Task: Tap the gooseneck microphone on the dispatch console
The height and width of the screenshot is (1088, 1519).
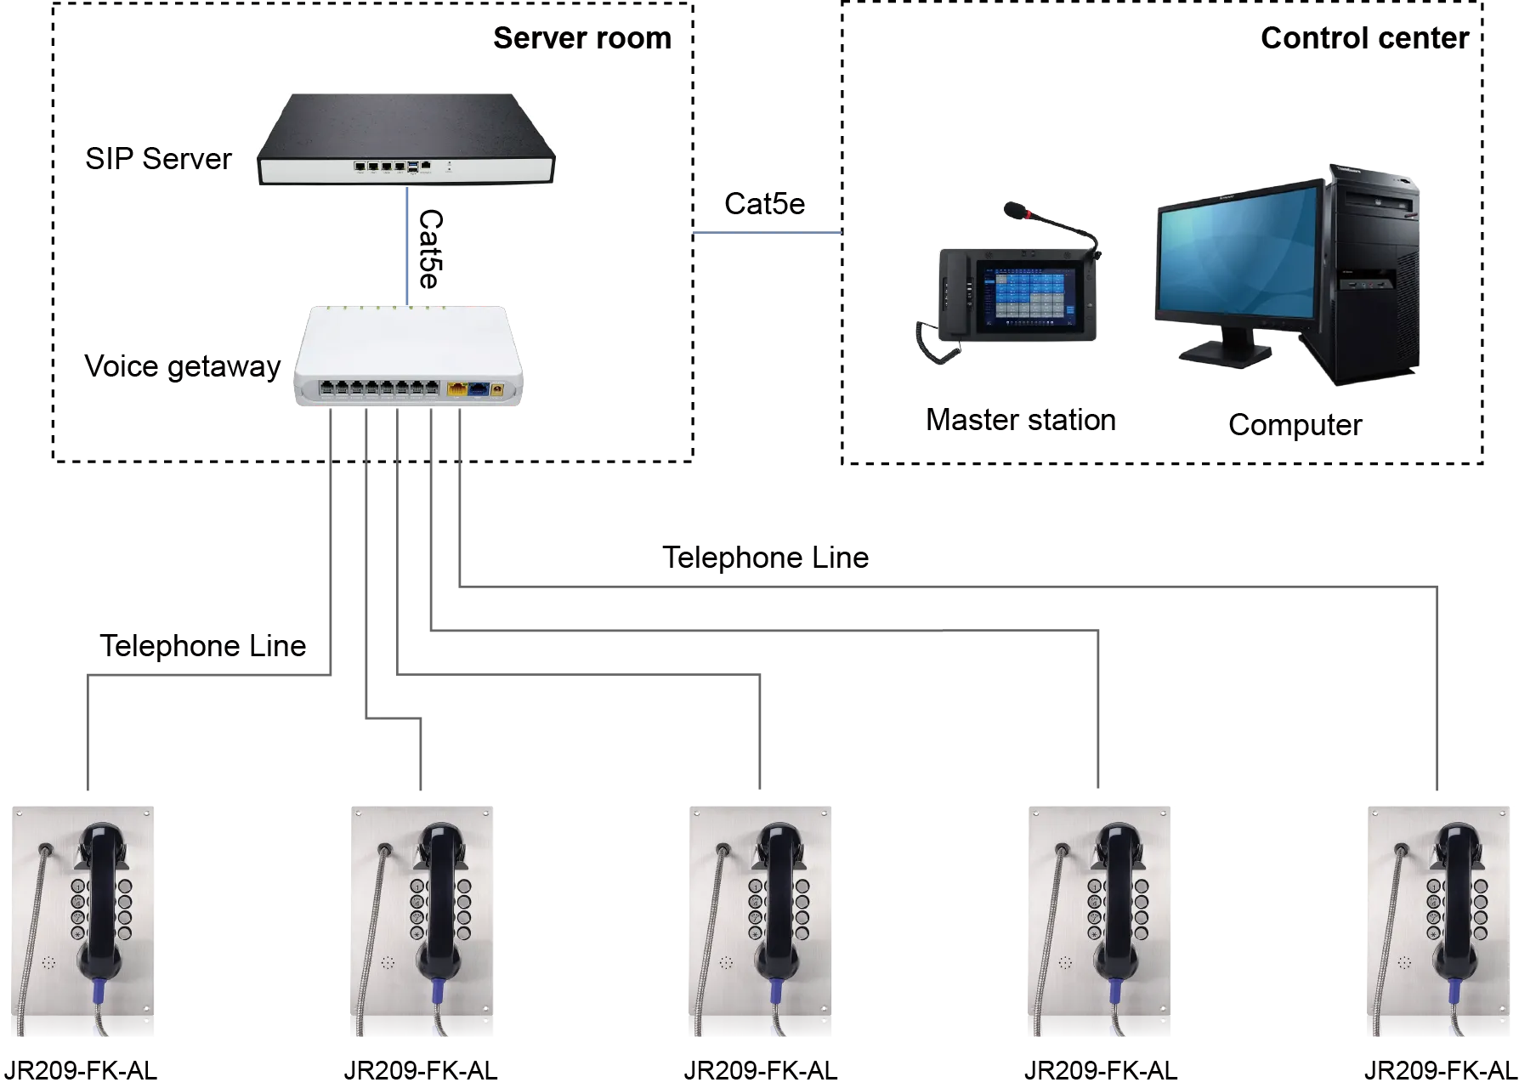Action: coord(1054,225)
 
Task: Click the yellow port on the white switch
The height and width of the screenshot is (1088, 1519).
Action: coord(457,390)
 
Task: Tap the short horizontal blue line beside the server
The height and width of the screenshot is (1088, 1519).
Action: coord(767,234)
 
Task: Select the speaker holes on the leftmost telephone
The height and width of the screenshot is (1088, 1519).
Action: coord(48,963)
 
